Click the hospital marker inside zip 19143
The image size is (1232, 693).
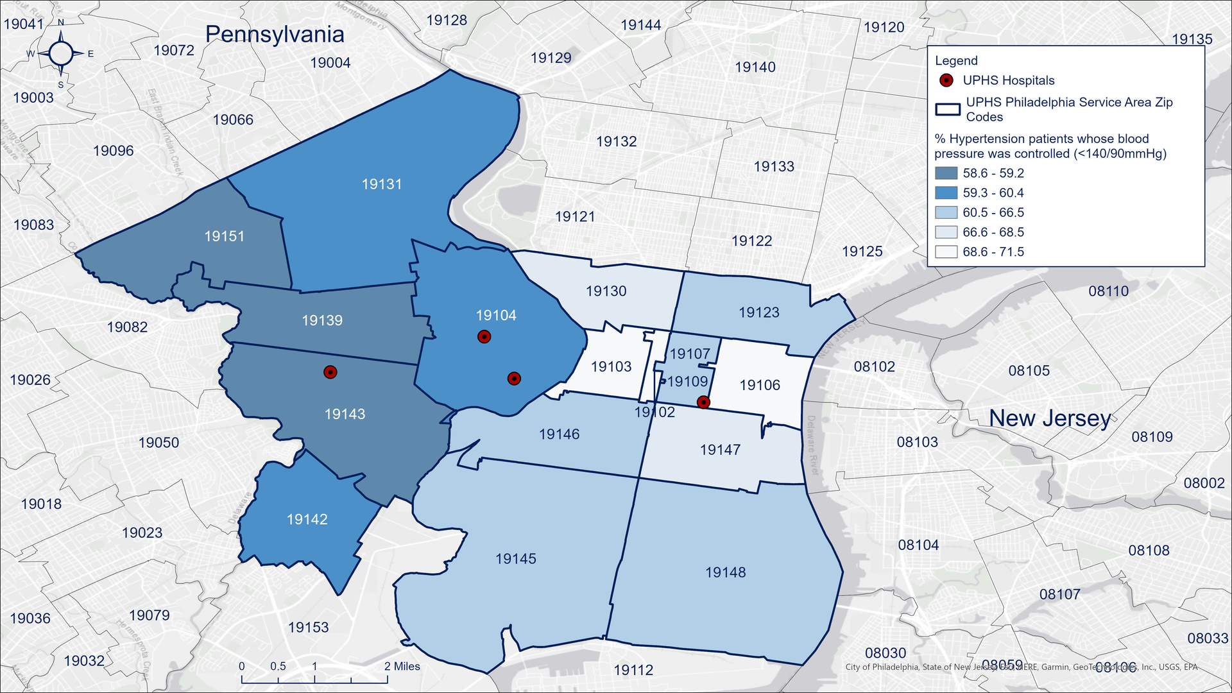pos(330,372)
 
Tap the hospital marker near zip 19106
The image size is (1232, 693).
pos(703,402)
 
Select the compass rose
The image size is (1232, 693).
pos(61,53)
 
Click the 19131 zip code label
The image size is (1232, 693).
pos(382,184)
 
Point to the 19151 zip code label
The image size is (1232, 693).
pos(224,236)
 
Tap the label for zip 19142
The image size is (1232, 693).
pos(307,519)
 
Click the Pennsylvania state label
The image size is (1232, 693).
pos(275,34)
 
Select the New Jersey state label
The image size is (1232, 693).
pos(1050,418)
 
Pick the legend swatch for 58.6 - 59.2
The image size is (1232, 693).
pos(946,173)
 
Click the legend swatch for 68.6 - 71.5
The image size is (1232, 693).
pos(946,252)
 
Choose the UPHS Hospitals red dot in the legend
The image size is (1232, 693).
pos(946,80)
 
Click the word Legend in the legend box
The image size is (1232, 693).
pos(956,61)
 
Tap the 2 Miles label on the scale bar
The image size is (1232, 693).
pos(402,666)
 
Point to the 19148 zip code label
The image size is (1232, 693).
pos(725,572)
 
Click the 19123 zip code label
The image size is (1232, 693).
pos(758,312)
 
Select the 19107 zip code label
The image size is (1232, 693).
pos(690,354)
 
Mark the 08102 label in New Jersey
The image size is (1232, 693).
pos(874,366)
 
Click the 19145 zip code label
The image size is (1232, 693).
pos(515,559)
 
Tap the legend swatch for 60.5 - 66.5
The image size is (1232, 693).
pos(946,212)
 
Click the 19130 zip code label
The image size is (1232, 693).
pos(606,291)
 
